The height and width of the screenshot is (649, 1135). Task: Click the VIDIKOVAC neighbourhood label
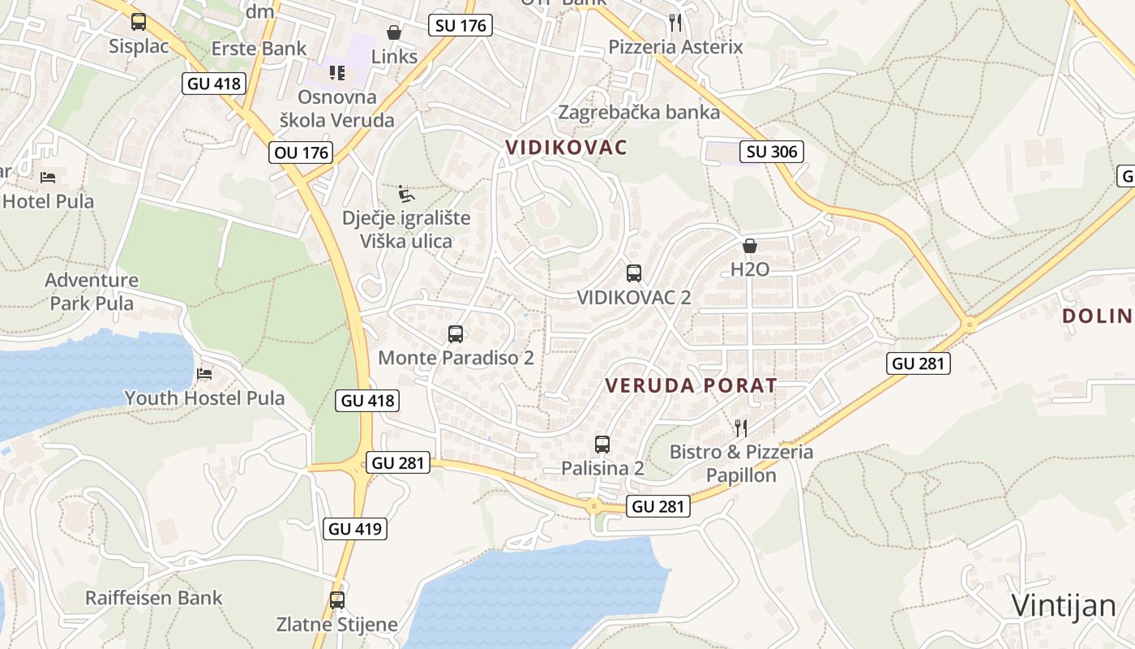[x=567, y=147]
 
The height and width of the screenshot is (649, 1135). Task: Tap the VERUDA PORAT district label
[x=692, y=385]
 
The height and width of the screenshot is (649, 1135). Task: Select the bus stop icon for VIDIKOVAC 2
[x=634, y=273]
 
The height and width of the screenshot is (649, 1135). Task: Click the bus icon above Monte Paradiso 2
[x=456, y=333]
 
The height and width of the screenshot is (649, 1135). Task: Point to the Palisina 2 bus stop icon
[x=602, y=444]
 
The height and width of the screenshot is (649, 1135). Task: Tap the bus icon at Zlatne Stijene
[x=337, y=600]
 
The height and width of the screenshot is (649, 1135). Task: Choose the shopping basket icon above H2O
[x=750, y=245]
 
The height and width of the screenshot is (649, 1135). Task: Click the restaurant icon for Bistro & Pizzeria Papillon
[x=740, y=428]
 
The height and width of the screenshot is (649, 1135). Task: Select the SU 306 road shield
[x=772, y=152]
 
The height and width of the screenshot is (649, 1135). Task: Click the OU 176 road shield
[x=302, y=153]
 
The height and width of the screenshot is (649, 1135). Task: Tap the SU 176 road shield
[x=460, y=25]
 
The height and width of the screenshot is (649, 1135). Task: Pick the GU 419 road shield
[x=355, y=529]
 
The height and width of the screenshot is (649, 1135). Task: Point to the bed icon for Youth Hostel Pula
[x=204, y=374]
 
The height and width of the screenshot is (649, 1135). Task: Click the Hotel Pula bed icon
[x=48, y=177]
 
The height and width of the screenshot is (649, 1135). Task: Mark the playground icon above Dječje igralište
[x=406, y=194]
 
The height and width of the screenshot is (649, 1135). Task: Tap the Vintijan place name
[x=1064, y=605]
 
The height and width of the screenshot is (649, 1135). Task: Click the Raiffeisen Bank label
[x=154, y=598]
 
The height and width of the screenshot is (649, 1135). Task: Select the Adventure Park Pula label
[x=92, y=292]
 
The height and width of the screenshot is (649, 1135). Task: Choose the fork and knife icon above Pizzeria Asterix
[x=675, y=22]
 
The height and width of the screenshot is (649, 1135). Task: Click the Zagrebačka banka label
[x=640, y=112]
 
